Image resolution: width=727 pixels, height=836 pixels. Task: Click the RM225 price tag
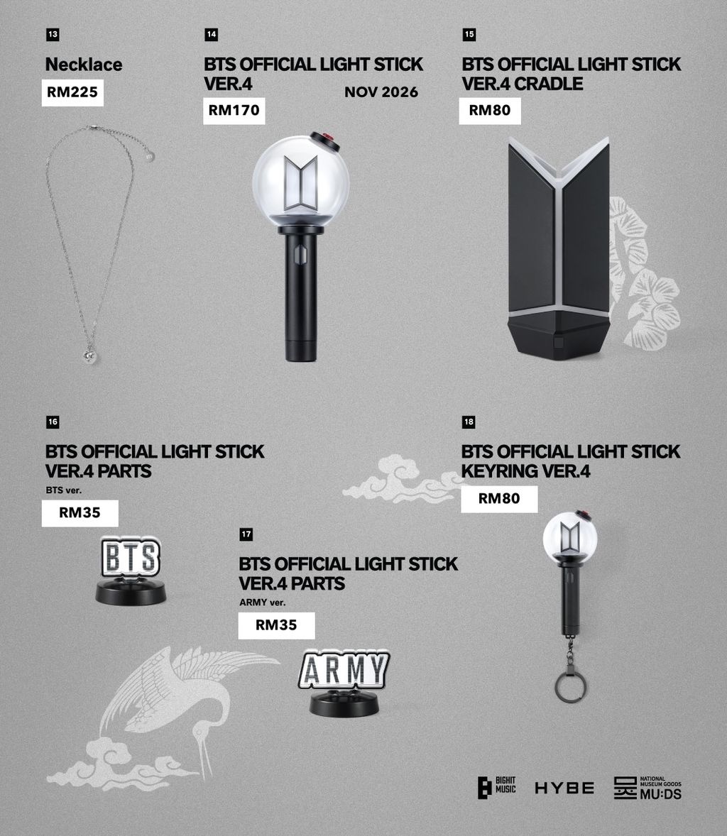(72, 93)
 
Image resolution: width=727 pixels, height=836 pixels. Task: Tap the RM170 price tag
(234, 111)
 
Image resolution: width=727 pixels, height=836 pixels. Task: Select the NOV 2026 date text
(381, 92)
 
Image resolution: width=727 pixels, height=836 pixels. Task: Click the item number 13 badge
(53, 35)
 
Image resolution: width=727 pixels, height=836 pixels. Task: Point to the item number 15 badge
(469, 35)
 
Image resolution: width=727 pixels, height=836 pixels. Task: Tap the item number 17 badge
(246, 534)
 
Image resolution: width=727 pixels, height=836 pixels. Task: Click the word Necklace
(84, 65)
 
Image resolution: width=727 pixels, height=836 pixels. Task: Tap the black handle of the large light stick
(300, 293)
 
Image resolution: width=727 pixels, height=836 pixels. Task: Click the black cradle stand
(559, 248)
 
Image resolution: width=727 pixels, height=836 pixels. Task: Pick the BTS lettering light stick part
(131, 571)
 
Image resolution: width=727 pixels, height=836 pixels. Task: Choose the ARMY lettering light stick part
(344, 683)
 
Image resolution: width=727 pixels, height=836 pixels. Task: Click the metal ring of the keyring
(571, 688)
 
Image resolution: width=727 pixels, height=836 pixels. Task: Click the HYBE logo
(564, 788)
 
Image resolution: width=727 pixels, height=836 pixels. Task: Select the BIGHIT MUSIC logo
(496, 788)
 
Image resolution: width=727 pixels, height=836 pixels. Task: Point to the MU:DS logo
(647, 788)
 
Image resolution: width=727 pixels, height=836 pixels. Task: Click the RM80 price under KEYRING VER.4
(499, 499)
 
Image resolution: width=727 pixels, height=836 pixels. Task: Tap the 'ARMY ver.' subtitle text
(263, 603)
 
